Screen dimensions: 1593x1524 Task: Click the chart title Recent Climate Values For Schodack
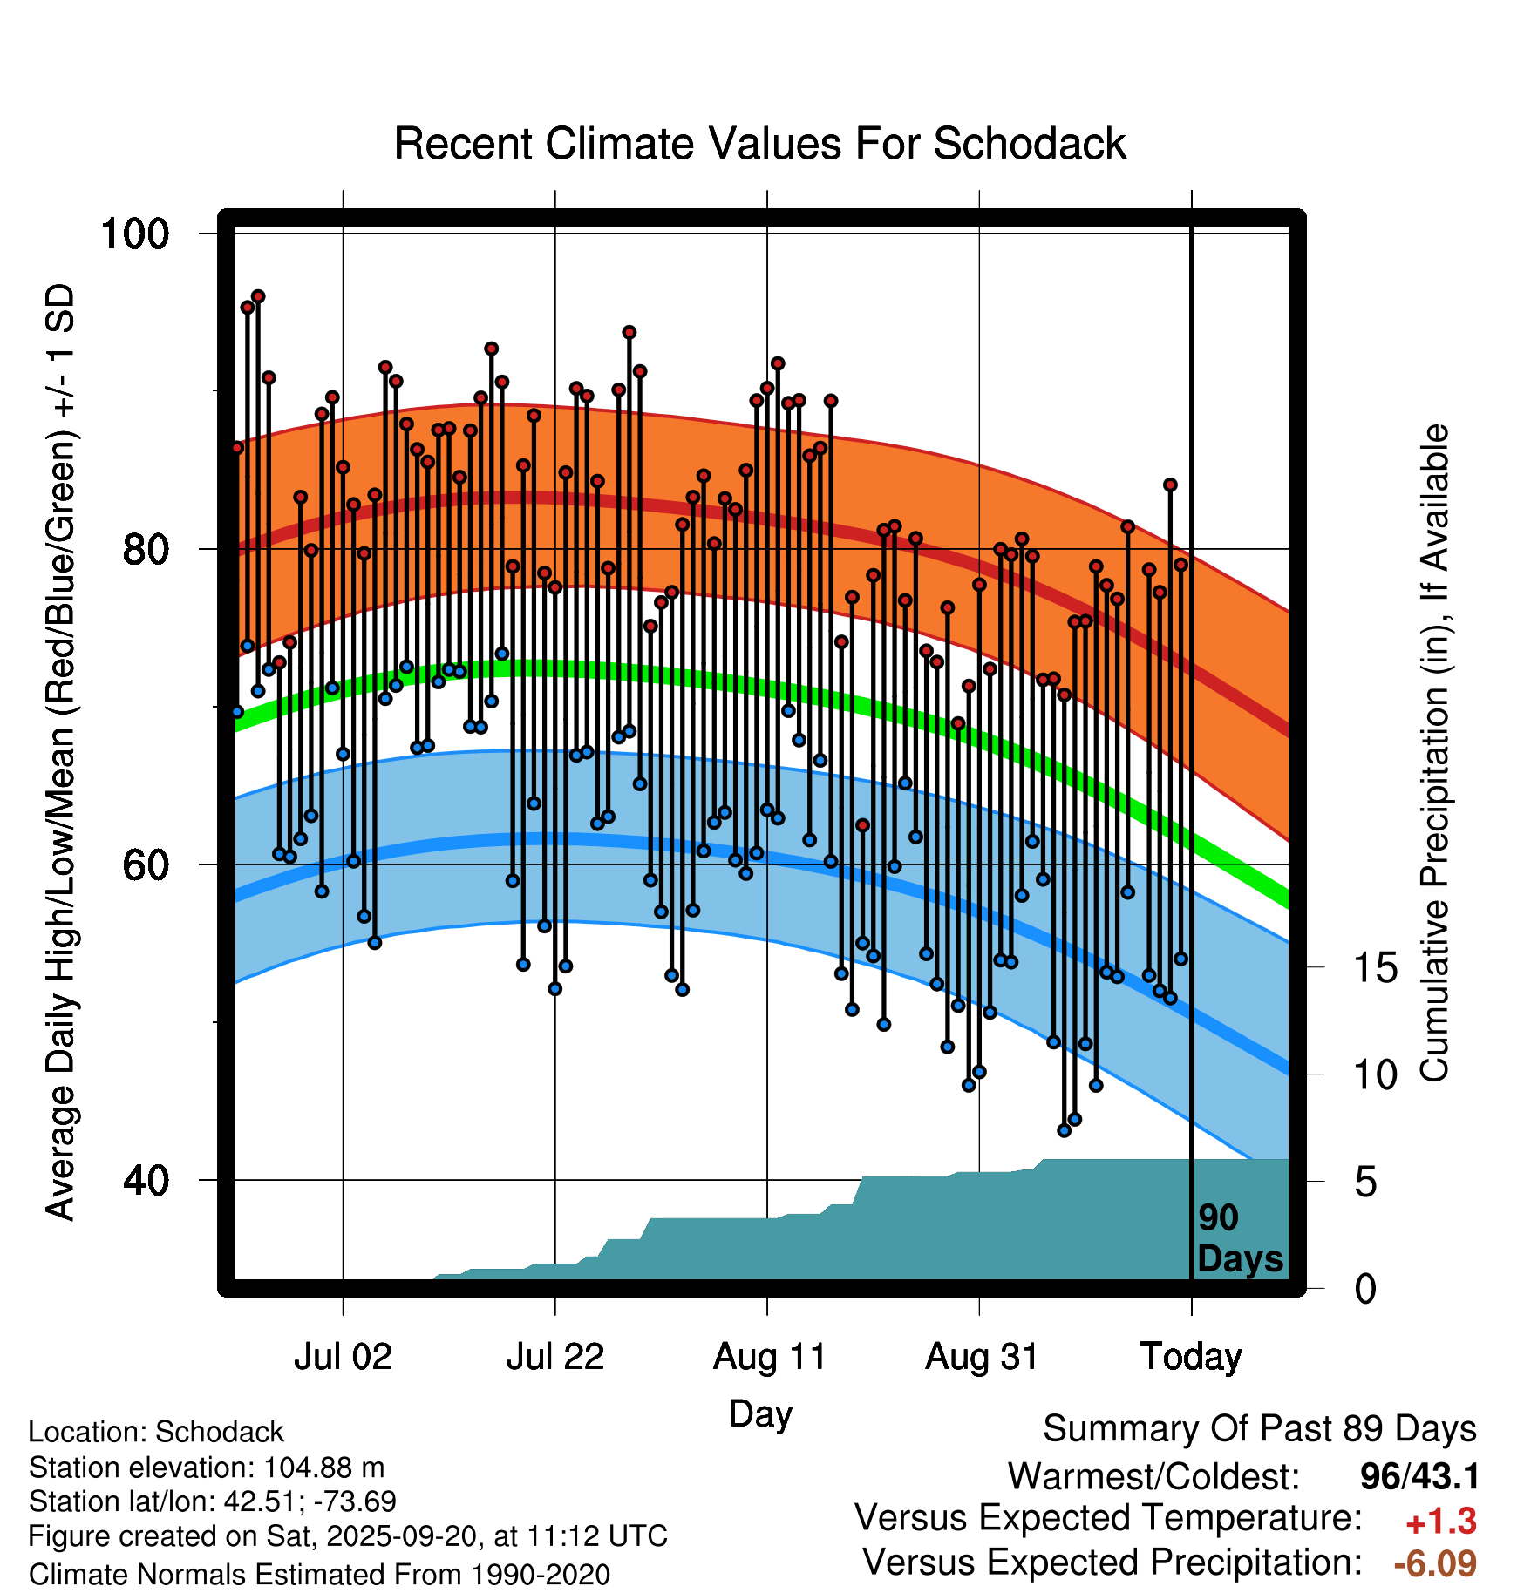click(x=759, y=144)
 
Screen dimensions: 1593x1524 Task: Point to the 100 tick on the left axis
click(x=134, y=234)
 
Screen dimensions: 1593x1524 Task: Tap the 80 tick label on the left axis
click(x=145, y=550)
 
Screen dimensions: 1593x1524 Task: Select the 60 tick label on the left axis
click(x=145, y=865)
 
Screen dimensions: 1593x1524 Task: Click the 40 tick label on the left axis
click(x=145, y=1181)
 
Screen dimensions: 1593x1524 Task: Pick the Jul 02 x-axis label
click(x=343, y=1357)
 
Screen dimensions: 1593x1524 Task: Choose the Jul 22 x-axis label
click(x=555, y=1357)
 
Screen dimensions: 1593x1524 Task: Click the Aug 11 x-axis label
click(x=769, y=1357)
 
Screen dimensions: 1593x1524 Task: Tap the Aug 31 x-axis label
click(x=982, y=1357)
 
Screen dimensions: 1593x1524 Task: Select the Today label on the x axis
click(x=1191, y=1357)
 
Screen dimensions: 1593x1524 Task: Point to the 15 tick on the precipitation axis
click(x=1375, y=968)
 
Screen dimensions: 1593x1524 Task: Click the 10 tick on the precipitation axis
click(x=1375, y=1075)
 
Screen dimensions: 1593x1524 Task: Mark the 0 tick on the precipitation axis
click(x=1365, y=1289)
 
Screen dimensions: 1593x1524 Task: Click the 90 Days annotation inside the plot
click(x=1239, y=1238)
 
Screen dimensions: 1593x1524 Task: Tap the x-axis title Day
click(x=760, y=1413)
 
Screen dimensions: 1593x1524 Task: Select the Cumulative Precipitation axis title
click(x=1434, y=754)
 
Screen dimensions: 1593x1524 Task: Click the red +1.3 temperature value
click(x=1440, y=1522)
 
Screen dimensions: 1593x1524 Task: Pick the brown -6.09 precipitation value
click(x=1434, y=1563)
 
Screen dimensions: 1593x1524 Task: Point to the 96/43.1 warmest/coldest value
click(x=1419, y=1476)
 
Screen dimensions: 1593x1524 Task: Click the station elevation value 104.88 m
click(x=323, y=1468)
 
